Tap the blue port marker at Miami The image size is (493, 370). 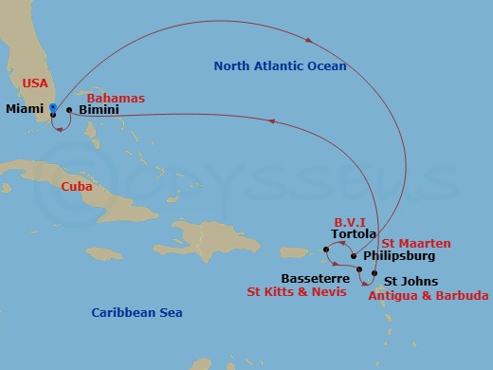coord(53,107)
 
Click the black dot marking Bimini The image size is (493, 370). coord(69,110)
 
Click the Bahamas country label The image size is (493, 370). coord(115,98)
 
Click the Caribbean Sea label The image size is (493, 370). coord(137,312)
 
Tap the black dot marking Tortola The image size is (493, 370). coord(326,250)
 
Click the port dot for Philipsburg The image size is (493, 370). coord(354,255)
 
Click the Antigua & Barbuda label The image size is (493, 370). coord(427,296)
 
